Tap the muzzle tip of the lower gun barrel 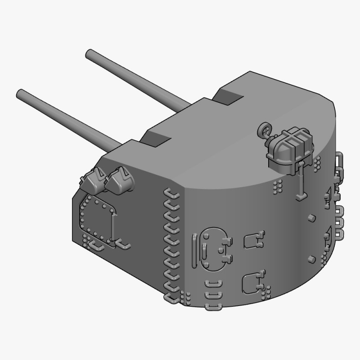coord(20,94)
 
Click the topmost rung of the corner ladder coord(171,193)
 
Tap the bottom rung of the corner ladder coord(171,297)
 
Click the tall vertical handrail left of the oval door coord(194,250)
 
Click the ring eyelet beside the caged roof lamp coord(264,131)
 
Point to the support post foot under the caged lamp coord(301,196)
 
